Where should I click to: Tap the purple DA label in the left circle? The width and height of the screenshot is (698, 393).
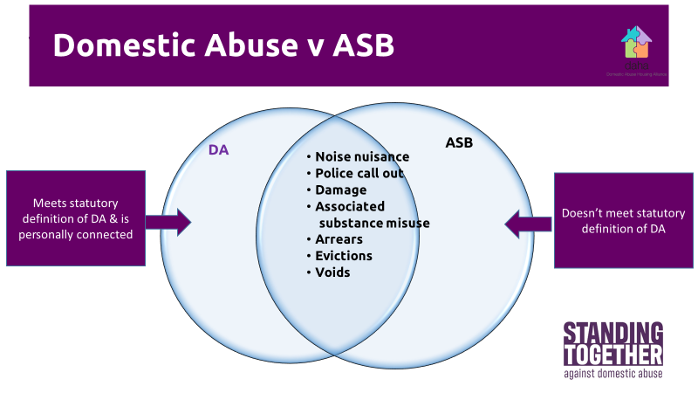click(218, 150)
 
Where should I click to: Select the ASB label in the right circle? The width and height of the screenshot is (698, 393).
click(459, 141)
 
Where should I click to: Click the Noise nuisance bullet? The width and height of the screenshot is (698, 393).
click(361, 157)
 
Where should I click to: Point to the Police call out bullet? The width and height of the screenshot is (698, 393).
click(359, 173)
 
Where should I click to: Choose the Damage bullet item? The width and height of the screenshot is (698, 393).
click(340, 190)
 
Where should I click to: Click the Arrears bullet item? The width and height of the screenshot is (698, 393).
click(339, 239)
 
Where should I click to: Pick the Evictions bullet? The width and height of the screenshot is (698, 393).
click(343, 256)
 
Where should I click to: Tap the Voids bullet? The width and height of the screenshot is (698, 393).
click(332, 272)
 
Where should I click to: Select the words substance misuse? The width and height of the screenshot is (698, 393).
click(373, 223)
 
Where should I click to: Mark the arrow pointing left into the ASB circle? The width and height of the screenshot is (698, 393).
click(528, 223)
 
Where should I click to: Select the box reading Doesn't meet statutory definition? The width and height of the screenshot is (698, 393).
click(622, 220)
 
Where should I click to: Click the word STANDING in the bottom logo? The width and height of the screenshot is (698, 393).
click(612, 334)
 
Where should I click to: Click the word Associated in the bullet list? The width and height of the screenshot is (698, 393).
click(349, 206)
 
